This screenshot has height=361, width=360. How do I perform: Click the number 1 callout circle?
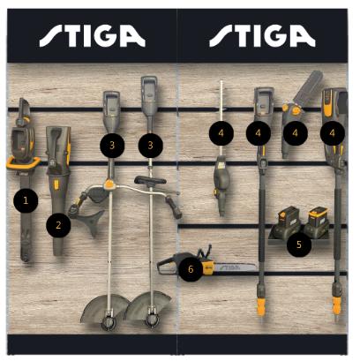pos(26,200)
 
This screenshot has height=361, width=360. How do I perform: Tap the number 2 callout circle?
pos(58,225)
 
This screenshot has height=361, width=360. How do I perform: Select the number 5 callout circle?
pos(299,244)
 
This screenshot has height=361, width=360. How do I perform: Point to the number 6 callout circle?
pos(191,269)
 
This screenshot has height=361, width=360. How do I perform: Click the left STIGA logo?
pos(93,36)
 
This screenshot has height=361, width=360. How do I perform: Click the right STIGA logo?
pos(262,36)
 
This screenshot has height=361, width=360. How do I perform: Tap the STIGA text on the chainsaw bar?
pos(231,267)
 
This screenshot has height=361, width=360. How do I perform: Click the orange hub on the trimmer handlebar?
pos(109,184)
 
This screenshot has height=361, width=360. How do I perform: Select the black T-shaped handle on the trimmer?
pos(150,180)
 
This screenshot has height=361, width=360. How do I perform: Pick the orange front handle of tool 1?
pos(24,162)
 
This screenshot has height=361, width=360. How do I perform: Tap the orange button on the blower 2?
pos(56,184)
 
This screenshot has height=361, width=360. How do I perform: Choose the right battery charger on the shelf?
pos(317,222)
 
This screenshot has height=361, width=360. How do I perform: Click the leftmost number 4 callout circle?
pos(221,133)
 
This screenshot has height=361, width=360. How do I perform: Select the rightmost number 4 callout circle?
pos(333,133)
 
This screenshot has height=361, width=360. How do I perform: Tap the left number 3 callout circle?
pos(112,145)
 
